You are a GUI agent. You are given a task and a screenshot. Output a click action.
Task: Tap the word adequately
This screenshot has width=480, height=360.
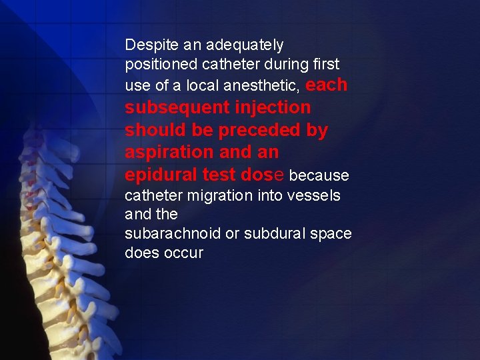coord(245,45)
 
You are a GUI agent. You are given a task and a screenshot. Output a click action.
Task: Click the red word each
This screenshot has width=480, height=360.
coord(327,85)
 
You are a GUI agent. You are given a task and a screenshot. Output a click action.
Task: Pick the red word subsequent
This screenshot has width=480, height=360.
coord(173,107)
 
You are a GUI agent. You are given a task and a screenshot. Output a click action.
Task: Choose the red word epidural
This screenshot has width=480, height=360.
coord(161,175)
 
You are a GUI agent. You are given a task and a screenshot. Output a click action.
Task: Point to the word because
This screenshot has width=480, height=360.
coord(319,176)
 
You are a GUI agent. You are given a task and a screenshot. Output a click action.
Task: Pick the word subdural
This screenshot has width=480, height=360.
coord(274,234)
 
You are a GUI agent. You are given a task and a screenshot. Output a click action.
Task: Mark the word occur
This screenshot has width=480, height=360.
coord(183,253)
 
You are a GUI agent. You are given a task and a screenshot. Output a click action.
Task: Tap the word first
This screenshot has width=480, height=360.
coord(326,65)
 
